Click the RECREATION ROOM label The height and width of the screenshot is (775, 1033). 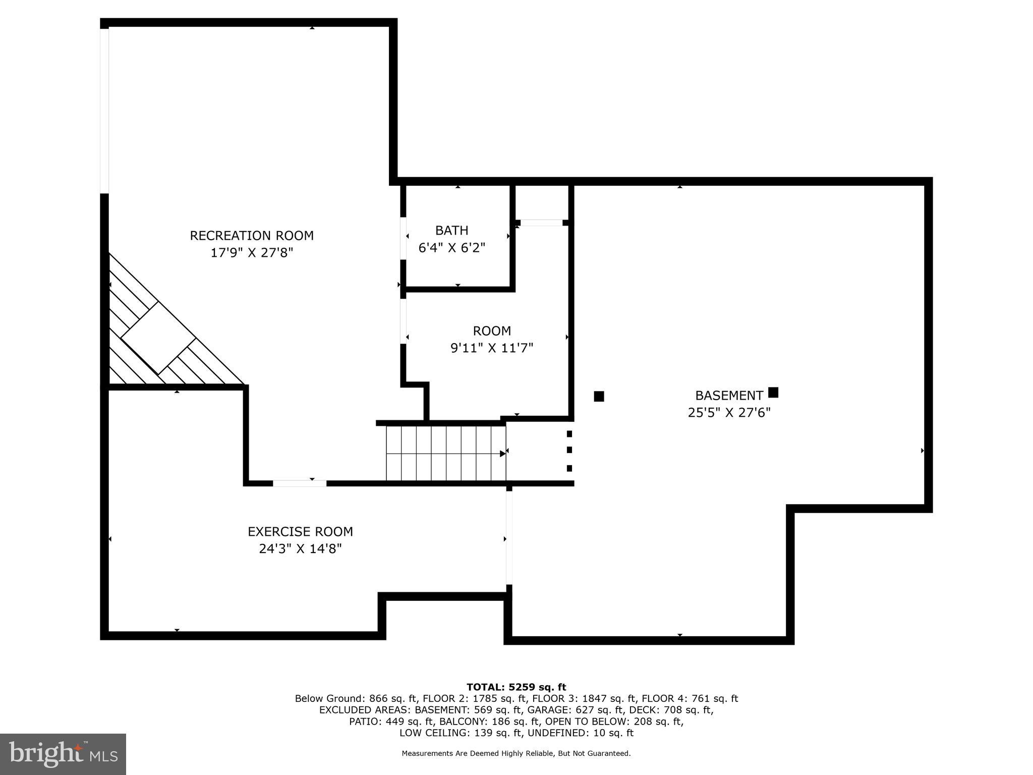pos(252,236)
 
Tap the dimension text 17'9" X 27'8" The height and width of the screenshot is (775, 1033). pos(252,253)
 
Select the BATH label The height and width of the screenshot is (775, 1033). pos(451,231)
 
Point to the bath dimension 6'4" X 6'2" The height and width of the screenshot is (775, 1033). pos(451,248)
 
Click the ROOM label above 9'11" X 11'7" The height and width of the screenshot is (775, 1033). pos(492,331)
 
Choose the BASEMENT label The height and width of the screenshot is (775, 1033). pos(728,396)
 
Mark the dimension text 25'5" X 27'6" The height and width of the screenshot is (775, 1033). pos(729,413)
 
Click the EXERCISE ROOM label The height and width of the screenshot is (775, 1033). pos(300,531)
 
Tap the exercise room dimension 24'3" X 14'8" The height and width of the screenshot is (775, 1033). pos(300,548)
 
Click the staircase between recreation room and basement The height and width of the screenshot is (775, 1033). pos(445,453)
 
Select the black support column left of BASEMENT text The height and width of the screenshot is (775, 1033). pos(599,397)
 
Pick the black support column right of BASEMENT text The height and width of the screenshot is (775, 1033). pos(773,392)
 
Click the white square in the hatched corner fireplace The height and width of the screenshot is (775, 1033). pos(158,338)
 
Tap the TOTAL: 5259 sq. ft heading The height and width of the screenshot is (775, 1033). pos(516,687)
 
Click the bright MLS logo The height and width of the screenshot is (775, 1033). pos(63,754)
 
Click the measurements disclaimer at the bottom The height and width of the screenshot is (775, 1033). pos(516,753)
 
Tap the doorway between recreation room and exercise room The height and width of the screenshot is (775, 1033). pos(300,483)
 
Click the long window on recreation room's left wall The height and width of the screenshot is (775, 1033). pos(104,111)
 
